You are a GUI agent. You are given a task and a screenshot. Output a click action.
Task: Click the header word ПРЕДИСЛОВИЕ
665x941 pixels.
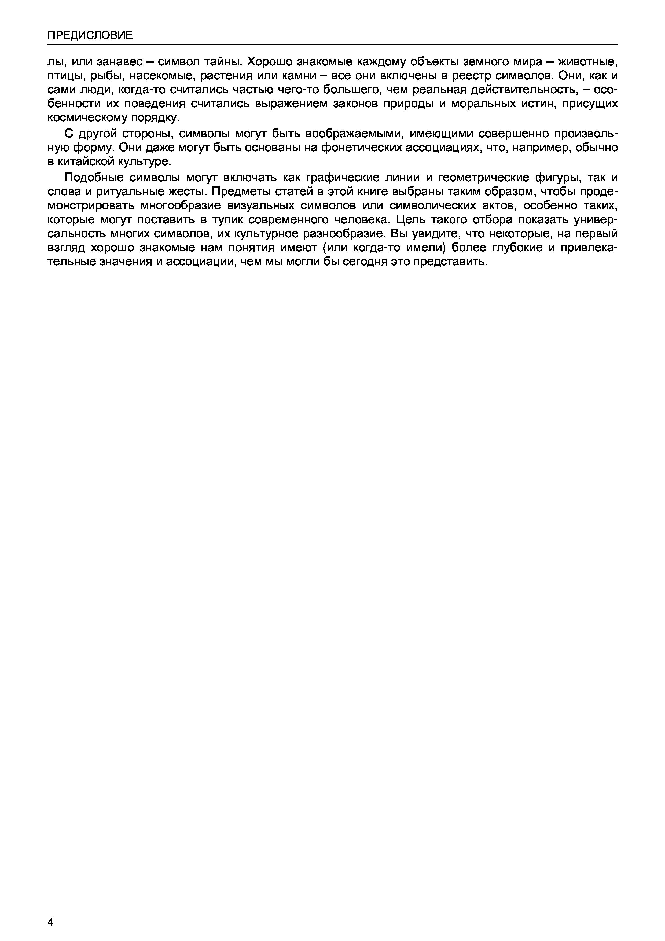[x=90, y=35]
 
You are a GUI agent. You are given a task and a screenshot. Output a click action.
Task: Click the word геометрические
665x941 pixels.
[x=483, y=178]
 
